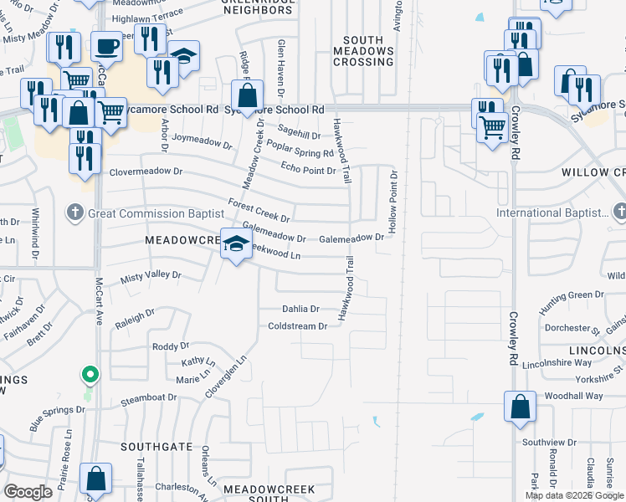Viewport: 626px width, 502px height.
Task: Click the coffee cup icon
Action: point(106,46)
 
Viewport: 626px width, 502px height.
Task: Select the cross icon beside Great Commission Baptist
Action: point(75,213)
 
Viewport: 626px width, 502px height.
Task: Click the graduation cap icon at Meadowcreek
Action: point(236,243)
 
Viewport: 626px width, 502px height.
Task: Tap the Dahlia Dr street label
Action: point(300,309)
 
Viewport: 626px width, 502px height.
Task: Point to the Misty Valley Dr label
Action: point(151,275)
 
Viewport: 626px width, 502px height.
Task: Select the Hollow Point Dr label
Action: point(391,201)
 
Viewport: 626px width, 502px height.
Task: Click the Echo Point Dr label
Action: point(309,170)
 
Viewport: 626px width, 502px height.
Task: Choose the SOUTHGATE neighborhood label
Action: point(156,447)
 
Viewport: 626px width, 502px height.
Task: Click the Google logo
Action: point(28,492)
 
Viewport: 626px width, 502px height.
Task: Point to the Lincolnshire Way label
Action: point(557,363)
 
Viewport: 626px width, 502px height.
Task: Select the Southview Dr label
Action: point(549,442)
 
